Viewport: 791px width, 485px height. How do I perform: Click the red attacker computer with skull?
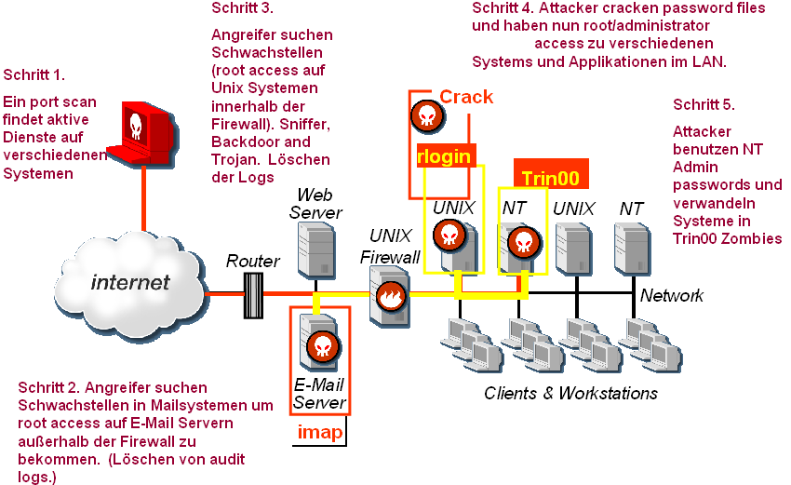click(x=141, y=131)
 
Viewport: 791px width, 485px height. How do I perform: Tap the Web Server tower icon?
click(x=315, y=248)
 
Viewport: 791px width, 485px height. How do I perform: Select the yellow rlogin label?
click(x=444, y=155)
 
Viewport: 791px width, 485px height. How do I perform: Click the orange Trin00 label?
click(x=550, y=177)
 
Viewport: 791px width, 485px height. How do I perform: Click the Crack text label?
click(x=466, y=97)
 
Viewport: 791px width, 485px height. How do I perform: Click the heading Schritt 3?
click(x=242, y=8)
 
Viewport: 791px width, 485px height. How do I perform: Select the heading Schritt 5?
click(x=704, y=104)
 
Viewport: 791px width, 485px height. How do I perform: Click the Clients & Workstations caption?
click(x=570, y=393)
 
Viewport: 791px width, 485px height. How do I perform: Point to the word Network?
click(x=671, y=295)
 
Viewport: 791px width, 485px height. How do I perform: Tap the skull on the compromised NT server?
click(x=522, y=241)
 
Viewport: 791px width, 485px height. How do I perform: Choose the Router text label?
click(x=252, y=262)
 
